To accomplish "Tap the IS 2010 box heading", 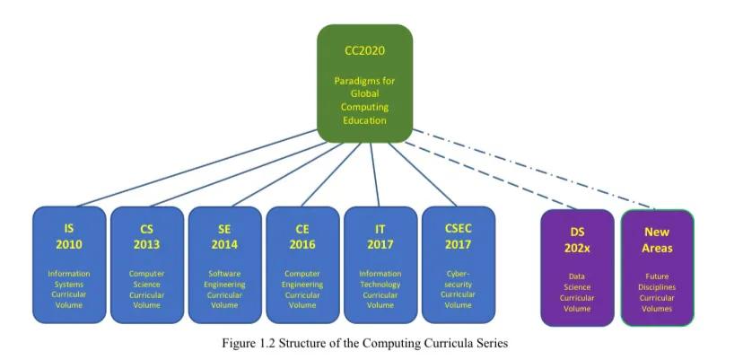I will click(x=69, y=237).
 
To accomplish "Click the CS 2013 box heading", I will click(x=146, y=237).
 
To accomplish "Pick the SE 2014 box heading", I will click(x=224, y=237).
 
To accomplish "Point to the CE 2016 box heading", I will click(x=302, y=237).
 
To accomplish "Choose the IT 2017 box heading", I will click(x=380, y=237).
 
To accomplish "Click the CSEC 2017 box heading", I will click(x=458, y=236).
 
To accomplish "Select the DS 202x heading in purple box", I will click(x=577, y=240).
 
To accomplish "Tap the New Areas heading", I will click(x=657, y=240).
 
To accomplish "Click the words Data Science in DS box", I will click(x=577, y=282).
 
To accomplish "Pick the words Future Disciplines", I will click(x=657, y=282).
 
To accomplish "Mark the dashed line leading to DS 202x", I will click(x=494, y=175).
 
